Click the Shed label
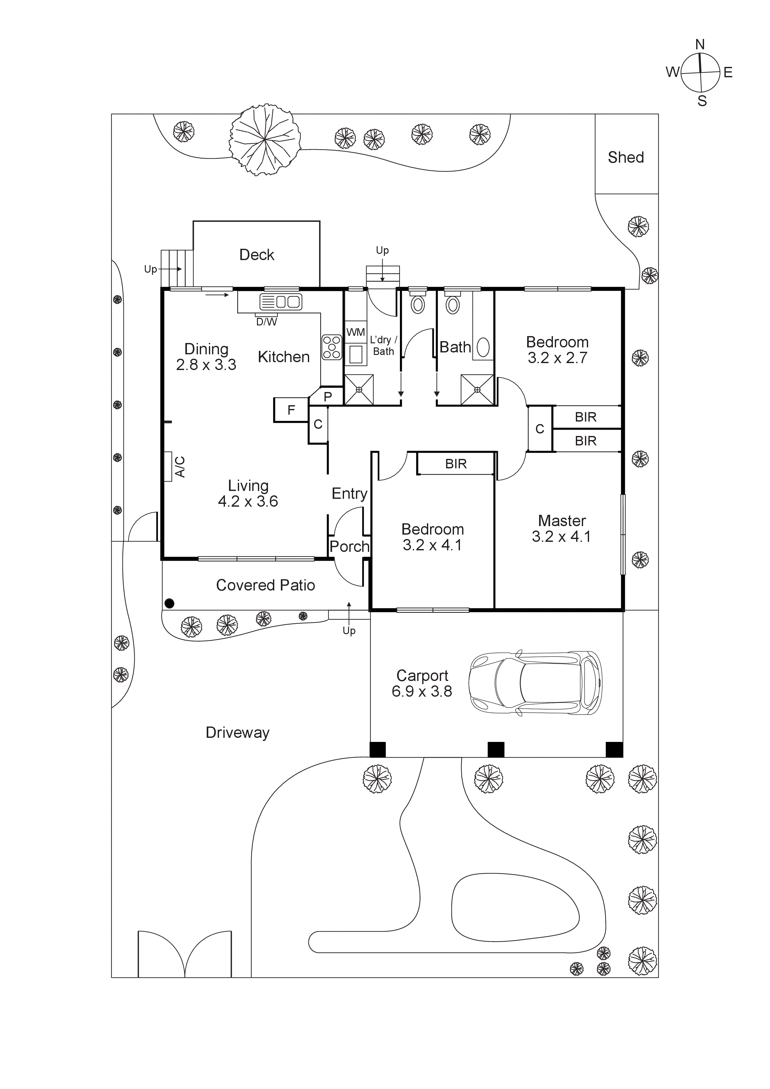click(626, 157)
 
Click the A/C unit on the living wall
click(167, 467)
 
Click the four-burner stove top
click(332, 347)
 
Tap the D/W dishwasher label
click(267, 322)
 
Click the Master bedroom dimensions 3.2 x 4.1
click(561, 536)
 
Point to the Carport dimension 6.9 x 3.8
click(422, 692)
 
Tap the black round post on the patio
click(169, 603)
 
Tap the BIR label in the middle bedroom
click(456, 464)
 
